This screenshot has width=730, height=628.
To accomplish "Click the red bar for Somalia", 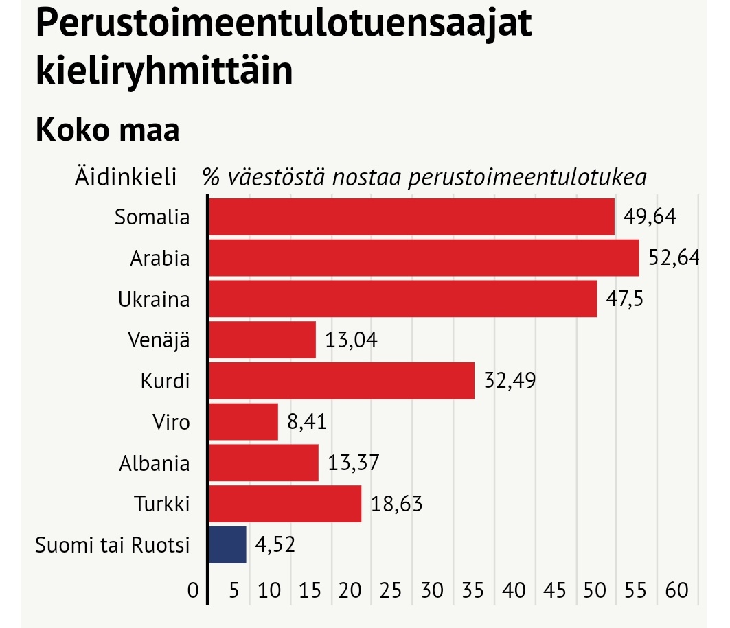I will pos(411,217).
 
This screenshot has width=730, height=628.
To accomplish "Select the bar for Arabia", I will pos(423,258).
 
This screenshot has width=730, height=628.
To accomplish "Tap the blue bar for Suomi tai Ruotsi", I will pos(227,545).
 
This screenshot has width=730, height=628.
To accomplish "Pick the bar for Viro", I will pos(243,421).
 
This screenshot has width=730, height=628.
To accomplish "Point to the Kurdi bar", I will pos(341,380).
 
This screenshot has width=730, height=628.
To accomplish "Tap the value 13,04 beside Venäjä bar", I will pos(352,340).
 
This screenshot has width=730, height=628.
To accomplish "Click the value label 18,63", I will pos(397,504).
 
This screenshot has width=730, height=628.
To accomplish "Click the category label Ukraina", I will pos(153,300).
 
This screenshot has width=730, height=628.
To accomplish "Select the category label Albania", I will pos(154,463).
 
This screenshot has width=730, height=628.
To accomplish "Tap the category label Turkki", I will pos(162,504).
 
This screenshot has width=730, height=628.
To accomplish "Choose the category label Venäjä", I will pos(158,340).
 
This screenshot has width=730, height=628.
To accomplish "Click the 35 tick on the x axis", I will pos(473,590).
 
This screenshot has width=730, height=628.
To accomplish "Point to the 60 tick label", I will pos(676,590).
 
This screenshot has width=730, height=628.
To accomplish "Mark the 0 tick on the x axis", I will pos(193,590).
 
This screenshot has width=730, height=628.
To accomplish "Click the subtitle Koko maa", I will pos(107,129).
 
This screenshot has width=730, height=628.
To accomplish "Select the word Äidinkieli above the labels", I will pos(126,177).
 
